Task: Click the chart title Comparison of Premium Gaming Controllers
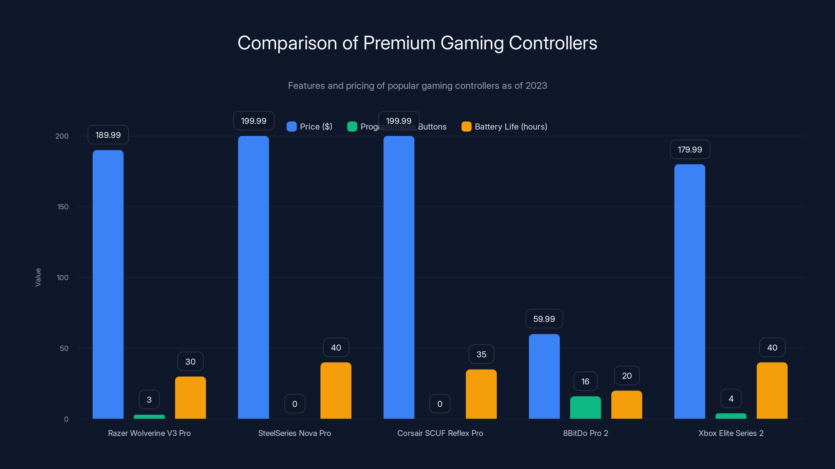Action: point(417,43)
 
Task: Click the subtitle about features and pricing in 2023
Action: point(417,85)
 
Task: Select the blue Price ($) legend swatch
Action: point(291,127)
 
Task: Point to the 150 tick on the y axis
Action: point(63,207)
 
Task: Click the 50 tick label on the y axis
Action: point(64,348)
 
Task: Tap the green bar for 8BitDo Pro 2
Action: point(585,408)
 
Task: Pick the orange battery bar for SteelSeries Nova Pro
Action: point(336,391)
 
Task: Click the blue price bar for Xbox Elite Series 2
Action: point(689,291)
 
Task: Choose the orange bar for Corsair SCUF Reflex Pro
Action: point(481,394)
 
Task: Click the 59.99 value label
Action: point(544,319)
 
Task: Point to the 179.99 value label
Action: point(690,150)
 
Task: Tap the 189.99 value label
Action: point(108,135)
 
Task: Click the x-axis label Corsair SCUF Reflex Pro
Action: point(440,433)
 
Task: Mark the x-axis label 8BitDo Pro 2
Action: point(585,433)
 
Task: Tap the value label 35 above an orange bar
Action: point(481,354)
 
